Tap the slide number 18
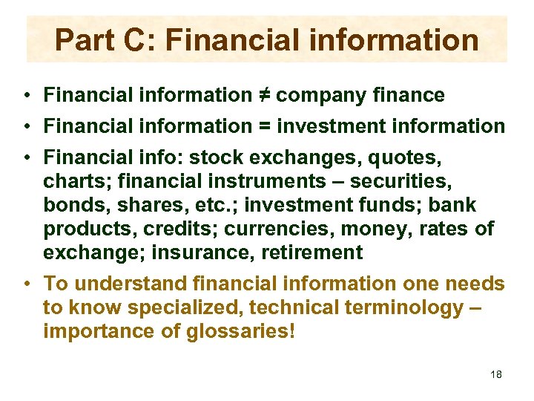coord(496,374)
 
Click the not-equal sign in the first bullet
coord(263,95)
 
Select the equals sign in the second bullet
coord(263,126)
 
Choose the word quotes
coord(403,158)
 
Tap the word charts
coord(73,182)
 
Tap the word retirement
coord(311,252)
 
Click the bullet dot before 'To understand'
coord(26,284)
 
